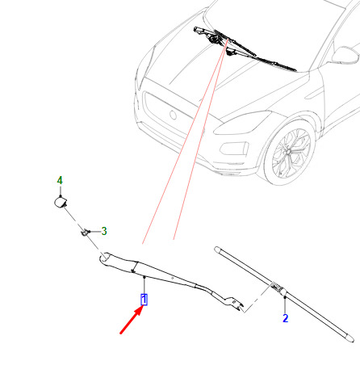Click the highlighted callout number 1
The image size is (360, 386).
[144, 300]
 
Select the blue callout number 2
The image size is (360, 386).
[286, 318]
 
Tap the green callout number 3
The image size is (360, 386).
[104, 231]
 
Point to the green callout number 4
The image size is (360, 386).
[60, 180]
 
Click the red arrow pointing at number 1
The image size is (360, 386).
[132, 321]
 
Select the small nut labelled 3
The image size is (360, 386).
[85, 232]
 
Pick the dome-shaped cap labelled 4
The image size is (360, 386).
[61, 202]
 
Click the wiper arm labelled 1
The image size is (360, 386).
[171, 280]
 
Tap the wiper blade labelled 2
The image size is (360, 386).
[284, 293]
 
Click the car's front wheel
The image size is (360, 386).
[290, 153]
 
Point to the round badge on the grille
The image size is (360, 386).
[173, 115]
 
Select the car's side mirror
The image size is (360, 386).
[345, 55]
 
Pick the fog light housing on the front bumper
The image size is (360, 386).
[234, 149]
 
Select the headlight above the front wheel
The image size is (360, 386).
[242, 124]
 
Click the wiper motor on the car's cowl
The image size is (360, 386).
[213, 39]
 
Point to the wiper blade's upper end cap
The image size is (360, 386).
[217, 250]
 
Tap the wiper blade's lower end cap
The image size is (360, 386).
[350, 338]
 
